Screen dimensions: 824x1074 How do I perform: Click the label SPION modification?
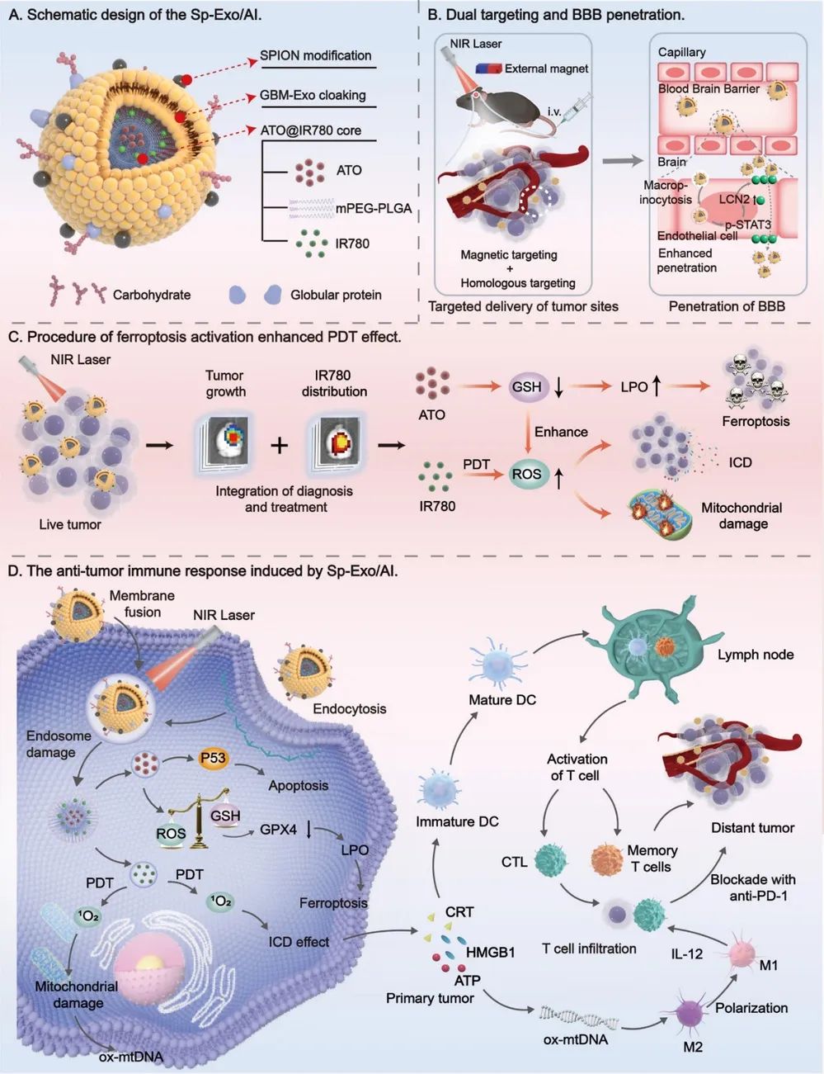[x=315, y=55]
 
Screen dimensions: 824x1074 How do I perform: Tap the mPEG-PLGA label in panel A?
[x=374, y=209]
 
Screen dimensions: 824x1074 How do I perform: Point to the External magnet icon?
[x=489, y=69]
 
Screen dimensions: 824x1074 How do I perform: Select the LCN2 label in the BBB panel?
[x=734, y=199]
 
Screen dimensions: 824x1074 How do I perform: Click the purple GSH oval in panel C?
[x=526, y=386]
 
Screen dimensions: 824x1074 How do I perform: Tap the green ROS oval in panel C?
[x=526, y=474]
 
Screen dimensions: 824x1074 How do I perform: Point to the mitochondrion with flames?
[x=660, y=514]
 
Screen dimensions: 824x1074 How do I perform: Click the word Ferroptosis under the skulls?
[x=756, y=422]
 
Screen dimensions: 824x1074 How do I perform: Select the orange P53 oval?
[x=213, y=758]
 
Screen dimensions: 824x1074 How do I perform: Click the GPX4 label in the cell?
[x=279, y=829]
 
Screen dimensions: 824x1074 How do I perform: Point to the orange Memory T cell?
[x=607, y=860]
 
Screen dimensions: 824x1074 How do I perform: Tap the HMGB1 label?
[x=490, y=952]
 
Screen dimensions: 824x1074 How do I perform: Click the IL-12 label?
[x=686, y=953]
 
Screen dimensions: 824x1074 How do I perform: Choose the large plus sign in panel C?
[x=280, y=445]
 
